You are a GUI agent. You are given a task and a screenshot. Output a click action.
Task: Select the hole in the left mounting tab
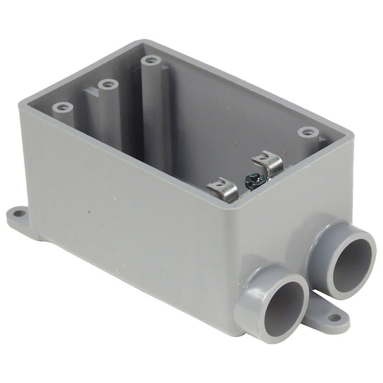tap(17, 213)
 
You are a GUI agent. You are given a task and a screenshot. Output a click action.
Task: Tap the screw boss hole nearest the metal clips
tap(308, 132)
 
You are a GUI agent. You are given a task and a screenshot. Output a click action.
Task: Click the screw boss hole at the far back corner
tap(150, 60)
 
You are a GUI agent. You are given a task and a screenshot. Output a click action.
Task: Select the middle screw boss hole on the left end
tap(108, 84)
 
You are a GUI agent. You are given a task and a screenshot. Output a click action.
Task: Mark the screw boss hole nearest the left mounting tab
tap(63, 107)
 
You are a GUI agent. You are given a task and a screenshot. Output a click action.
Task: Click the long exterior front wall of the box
tap(129, 216)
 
